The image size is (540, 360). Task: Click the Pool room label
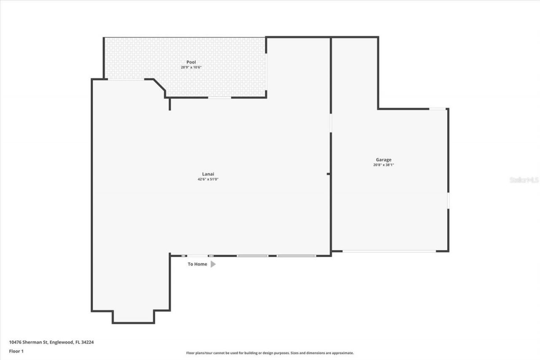[x=191, y=62]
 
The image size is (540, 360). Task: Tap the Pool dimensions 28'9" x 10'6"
[x=191, y=67]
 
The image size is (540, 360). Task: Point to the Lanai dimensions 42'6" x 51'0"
[x=208, y=179]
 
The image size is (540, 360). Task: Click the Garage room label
[x=383, y=160]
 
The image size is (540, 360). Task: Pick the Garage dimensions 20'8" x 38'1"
[x=383, y=165]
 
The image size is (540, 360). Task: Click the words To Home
[x=197, y=264]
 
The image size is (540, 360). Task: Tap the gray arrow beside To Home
[x=213, y=264]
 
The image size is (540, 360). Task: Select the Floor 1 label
[x=16, y=351]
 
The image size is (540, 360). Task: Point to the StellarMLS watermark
[x=524, y=180]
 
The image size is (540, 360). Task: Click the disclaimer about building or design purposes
[x=270, y=353]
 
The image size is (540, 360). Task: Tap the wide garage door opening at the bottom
[x=389, y=252]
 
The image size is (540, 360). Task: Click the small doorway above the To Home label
[x=197, y=256]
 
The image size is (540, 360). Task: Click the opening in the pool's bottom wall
[x=219, y=97]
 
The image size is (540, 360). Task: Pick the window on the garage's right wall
[x=448, y=200]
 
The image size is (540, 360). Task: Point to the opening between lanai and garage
[x=331, y=123]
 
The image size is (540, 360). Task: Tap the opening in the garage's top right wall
[x=437, y=109]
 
